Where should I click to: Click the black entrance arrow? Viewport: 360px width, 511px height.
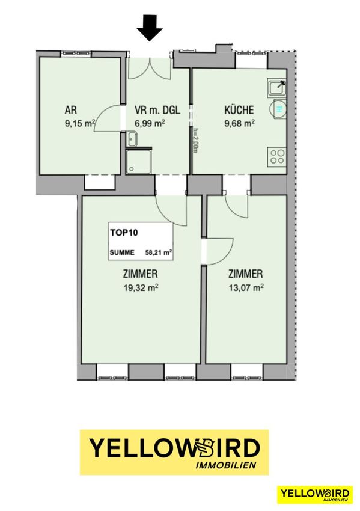150,29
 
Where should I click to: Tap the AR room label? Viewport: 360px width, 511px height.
71,110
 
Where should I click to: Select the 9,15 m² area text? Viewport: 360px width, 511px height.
80,123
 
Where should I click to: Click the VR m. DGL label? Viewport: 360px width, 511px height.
157,110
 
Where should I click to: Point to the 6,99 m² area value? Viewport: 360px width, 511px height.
150,123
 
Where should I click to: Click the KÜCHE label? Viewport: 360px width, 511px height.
239,109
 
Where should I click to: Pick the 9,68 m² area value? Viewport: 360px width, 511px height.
239,123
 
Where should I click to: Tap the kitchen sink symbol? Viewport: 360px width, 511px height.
277,88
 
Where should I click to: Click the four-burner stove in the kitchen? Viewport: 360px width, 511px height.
277,156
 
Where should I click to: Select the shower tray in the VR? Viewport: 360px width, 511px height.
138,161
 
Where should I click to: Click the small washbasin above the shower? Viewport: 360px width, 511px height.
132,139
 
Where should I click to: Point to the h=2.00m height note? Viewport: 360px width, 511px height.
195,139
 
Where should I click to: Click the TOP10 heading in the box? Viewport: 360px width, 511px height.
124,233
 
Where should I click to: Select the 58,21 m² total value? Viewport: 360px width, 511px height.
159,252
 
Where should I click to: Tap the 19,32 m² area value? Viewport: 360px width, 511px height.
141,287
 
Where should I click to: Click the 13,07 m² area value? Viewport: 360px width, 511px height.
246,287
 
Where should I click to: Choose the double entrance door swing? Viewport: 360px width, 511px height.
150,69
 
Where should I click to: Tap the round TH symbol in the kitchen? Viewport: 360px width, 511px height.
279,110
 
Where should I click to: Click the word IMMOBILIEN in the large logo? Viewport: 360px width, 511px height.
225,465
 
